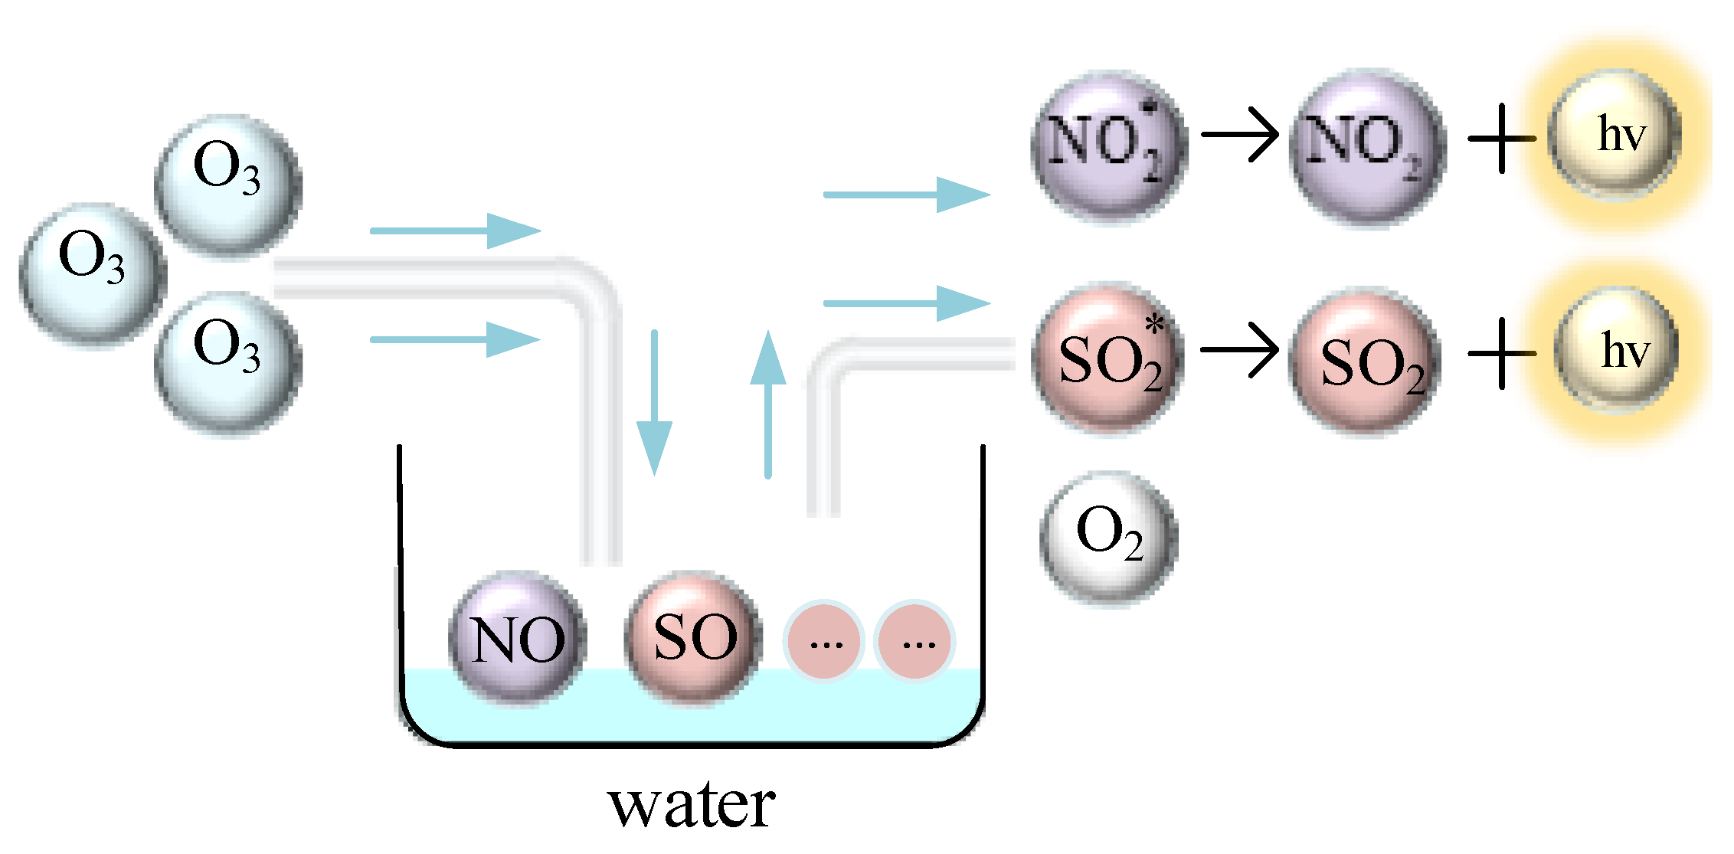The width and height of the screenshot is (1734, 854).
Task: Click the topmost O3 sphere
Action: [x=227, y=184]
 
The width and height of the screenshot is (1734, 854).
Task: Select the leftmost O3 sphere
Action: [x=92, y=272]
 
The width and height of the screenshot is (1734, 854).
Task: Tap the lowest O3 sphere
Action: [x=227, y=362]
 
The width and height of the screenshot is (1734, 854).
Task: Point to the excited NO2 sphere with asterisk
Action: [x=1109, y=146]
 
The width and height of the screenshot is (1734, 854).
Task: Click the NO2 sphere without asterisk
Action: [x=1367, y=146]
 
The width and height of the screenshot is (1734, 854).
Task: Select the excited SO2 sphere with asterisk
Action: [x=1109, y=360]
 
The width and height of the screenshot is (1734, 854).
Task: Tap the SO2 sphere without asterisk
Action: [x=1367, y=360]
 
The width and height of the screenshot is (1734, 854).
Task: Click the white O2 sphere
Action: [x=1109, y=536]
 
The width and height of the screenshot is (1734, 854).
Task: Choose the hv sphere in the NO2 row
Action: [x=1616, y=136]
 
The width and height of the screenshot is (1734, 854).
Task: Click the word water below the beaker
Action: [x=692, y=806]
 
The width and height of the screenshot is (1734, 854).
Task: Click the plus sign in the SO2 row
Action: [x=1501, y=353]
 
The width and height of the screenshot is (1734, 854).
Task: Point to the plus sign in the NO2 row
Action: [x=1501, y=139]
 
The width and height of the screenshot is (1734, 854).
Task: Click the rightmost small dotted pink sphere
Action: [x=915, y=641]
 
